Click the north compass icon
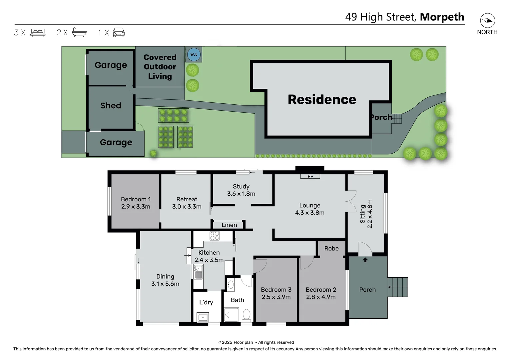click(x=487, y=21)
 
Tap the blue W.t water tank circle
click(x=194, y=54)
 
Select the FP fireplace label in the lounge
click(x=310, y=176)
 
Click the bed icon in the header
click(x=38, y=32)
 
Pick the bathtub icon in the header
click(x=79, y=32)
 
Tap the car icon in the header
click(x=119, y=32)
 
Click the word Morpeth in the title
click(x=442, y=17)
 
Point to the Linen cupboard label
click(x=229, y=225)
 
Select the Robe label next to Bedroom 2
click(x=331, y=248)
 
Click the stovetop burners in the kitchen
click(x=215, y=236)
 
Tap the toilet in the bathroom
click(x=247, y=314)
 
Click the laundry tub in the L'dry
click(x=203, y=317)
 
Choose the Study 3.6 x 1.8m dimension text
click(x=241, y=194)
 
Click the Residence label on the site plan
click(x=322, y=99)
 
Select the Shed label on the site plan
click(x=111, y=105)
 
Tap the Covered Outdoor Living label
click(x=160, y=67)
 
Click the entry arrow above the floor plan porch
click(x=365, y=260)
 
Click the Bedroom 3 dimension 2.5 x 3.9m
click(x=276, y=297)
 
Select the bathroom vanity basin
click(x=231, y=285)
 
